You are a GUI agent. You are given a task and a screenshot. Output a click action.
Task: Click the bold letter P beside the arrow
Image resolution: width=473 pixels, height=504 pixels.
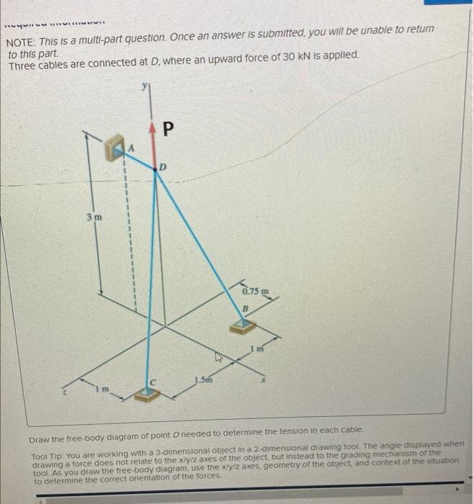tap(167, 130)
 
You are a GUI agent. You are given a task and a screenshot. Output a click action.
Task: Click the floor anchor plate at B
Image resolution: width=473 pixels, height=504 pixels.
tap(243, 325)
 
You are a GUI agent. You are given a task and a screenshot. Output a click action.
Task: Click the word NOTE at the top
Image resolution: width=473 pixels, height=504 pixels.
tap(22, 35)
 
